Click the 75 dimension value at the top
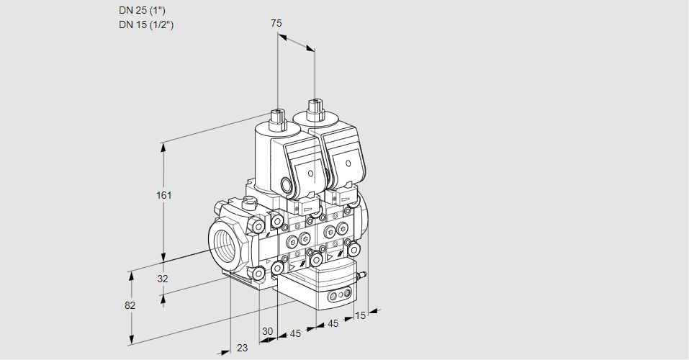[x=276, y=23]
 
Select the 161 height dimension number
[x=166, y=195]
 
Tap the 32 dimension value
[x=162, y=279]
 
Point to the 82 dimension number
[x=130, y=305]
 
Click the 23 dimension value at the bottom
[x=242, y=348]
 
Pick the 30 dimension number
[x=268, y=331]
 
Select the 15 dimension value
[x=361, y=315]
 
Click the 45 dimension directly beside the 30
[x=295, y=333]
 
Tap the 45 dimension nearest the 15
[x=333, y=324]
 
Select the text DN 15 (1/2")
[x=147, y=24]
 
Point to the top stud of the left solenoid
[x=277, y=117]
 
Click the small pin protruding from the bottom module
[x=363, y=274]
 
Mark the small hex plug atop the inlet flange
[x=250, y=202]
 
